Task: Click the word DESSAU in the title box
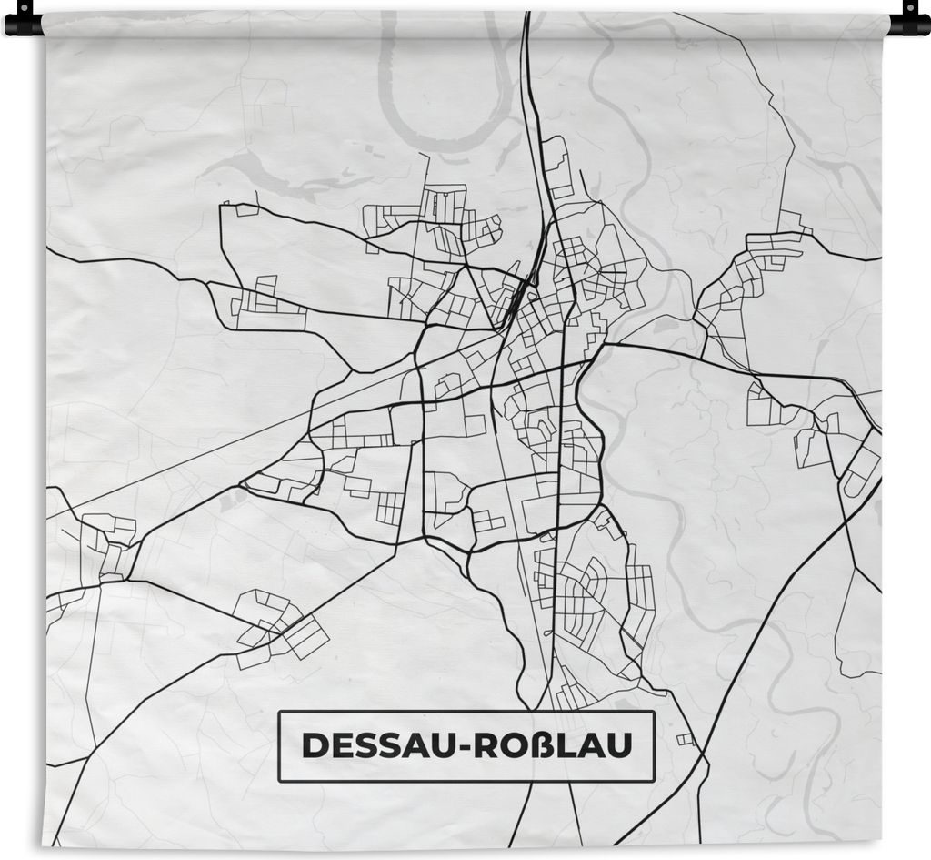(377, 745)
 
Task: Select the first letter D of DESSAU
(313, 745)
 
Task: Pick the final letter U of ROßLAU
(619, 745)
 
